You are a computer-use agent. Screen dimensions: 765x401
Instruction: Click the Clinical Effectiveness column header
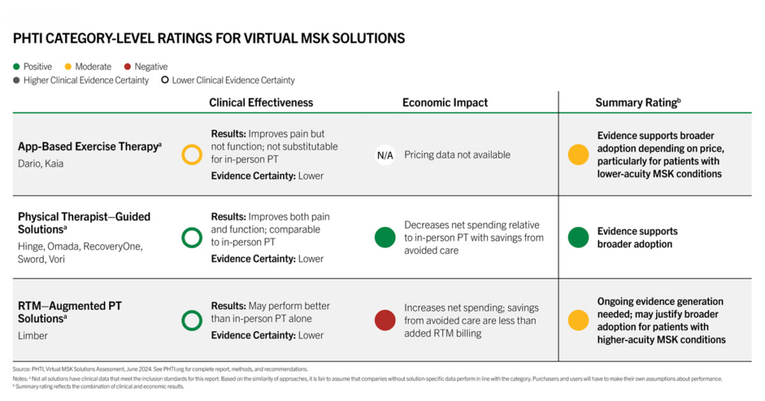coord(261,102)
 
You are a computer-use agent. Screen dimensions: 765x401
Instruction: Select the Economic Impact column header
coord(445,102)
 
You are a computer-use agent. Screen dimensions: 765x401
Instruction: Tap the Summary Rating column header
coord(638,102)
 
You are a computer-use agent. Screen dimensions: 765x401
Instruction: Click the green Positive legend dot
coord(16,66)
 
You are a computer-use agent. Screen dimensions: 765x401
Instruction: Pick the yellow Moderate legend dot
coord(68,66)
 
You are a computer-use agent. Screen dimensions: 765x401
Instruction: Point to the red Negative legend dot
coord(127,66)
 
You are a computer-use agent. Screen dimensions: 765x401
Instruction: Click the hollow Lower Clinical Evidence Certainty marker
coord(165,80)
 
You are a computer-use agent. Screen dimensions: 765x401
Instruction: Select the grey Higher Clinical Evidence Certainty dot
coord(16,80)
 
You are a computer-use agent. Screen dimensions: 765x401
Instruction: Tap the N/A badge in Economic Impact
coord(385,155)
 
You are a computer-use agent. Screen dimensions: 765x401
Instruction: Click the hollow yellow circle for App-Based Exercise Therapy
coord(192,146)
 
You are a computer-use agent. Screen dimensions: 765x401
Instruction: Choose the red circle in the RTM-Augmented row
coord(385,320)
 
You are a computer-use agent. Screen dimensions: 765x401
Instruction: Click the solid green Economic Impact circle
coord(385,237)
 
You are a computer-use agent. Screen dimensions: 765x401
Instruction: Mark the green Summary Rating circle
coord(578,237)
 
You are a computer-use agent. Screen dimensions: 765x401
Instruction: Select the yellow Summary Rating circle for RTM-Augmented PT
coord(578,320)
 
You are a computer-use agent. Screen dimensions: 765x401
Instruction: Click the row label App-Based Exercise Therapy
coord(90,146)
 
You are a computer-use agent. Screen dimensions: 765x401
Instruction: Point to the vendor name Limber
coord(33,335)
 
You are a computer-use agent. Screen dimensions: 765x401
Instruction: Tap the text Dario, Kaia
coord(40,164)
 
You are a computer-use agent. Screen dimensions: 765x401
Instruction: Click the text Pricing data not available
coord(457,155)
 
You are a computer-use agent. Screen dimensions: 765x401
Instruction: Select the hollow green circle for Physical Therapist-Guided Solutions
coord(192,229)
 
